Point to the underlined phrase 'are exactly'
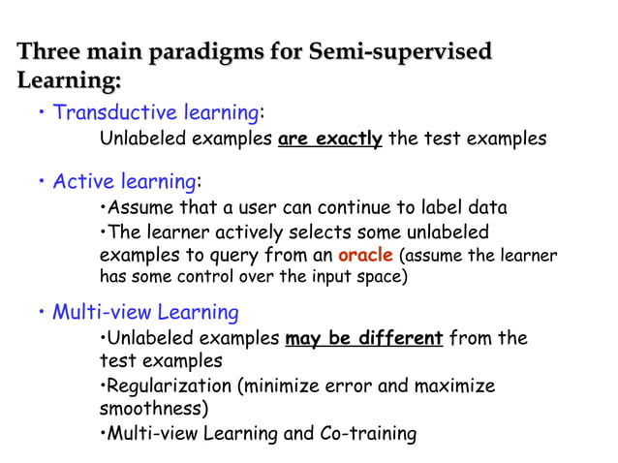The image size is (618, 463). [329, 139]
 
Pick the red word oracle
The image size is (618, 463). [365, 255]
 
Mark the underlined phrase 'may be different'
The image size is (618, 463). [364, 339]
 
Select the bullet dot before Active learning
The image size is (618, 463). [43, 183]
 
